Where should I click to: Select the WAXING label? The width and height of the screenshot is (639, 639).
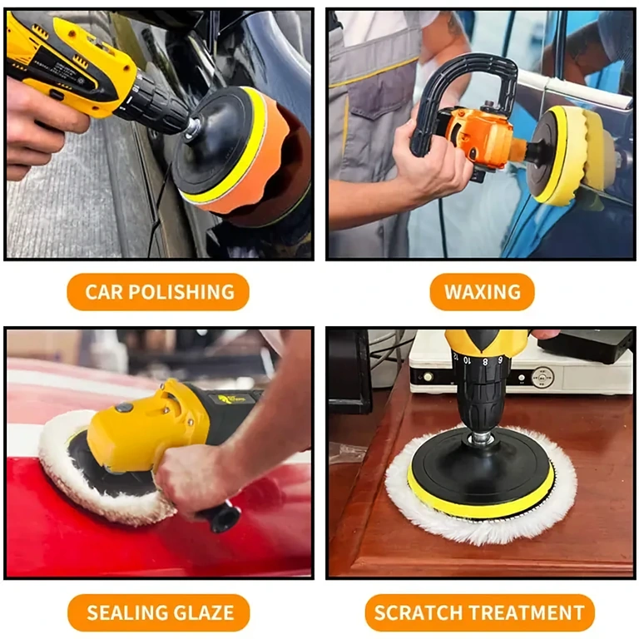[483, 292]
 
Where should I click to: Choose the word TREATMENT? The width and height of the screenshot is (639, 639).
[532, 613]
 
